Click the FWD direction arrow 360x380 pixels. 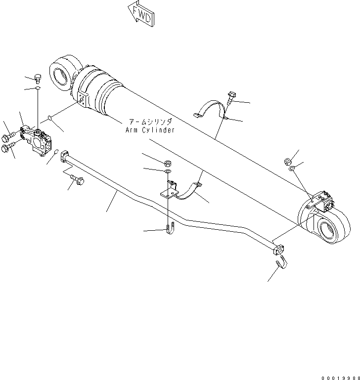[x=140, y=13]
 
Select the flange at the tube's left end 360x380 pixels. [x=65, y=159]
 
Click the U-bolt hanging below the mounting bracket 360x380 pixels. [x=169, y=230]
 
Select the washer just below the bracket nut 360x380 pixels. [x=168, y=171]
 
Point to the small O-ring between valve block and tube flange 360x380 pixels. [x=56, y=152]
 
